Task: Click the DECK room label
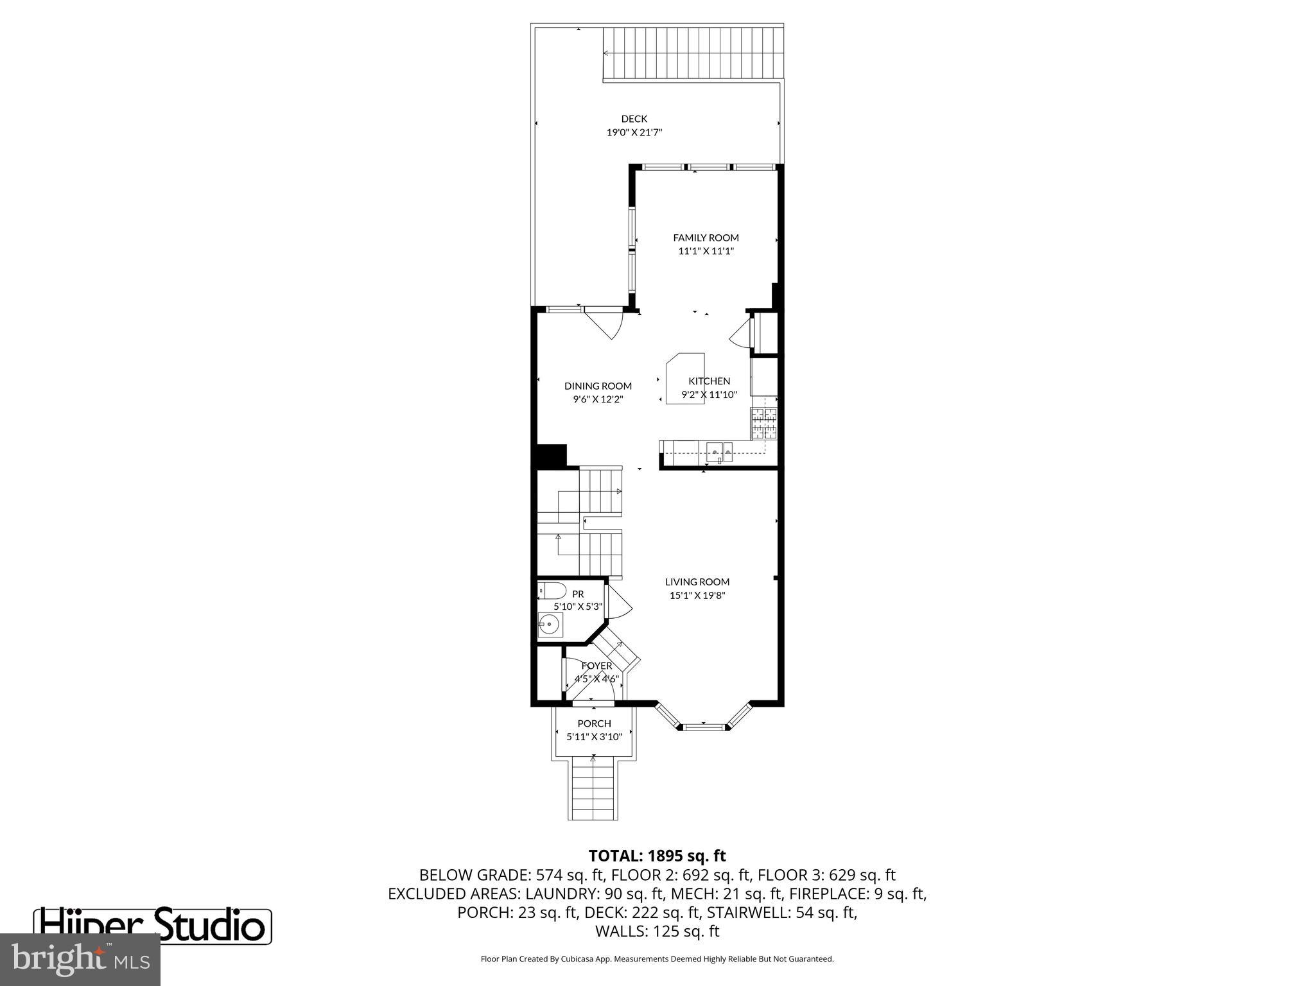634,119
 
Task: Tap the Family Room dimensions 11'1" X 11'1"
706,251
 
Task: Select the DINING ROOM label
598,386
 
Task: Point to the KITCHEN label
709,381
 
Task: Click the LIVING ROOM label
697,582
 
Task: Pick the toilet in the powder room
552,591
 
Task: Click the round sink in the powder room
550,624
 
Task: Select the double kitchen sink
720,453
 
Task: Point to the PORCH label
594,723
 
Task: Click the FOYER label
597,666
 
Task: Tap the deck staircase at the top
693,54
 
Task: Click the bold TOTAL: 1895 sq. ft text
657,856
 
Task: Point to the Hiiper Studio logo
152,925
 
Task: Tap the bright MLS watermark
80,960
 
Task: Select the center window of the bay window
703,727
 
